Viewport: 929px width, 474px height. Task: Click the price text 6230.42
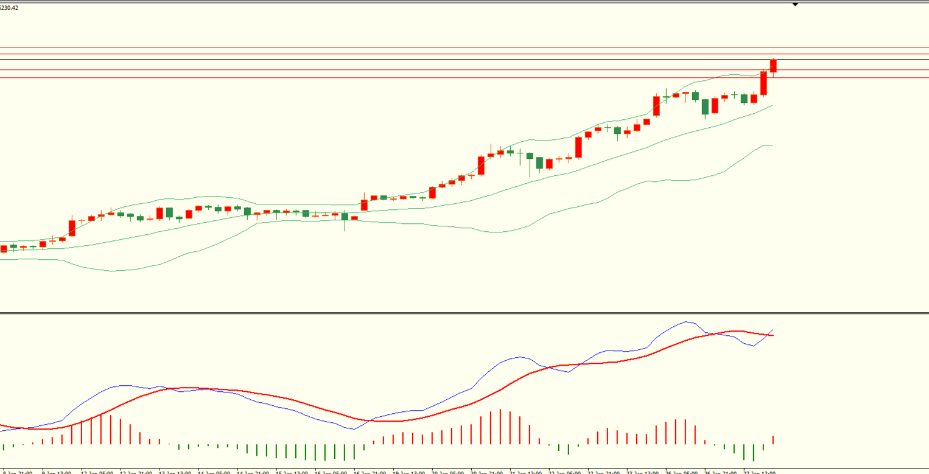(x=10, y=8)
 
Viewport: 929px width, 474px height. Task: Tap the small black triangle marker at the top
(x=795, y=5)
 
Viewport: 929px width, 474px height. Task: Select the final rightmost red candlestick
(x=773, y=66)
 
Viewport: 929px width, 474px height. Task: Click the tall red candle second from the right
(x=763, y=83)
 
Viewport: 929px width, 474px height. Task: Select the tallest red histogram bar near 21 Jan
(x=500, y=427)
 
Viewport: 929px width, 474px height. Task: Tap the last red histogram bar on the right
(x=773, y=440)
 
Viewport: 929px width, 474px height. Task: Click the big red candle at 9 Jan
(x=72, y=228)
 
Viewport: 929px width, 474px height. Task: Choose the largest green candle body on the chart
(x=705, y=107)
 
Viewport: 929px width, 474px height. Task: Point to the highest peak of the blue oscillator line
(x=687, y=322)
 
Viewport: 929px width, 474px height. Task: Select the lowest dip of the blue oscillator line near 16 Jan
(x=354, y=430)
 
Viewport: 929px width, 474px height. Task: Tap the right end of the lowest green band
(x=772, y=145)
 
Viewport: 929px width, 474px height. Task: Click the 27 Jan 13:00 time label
(x=759, y=472)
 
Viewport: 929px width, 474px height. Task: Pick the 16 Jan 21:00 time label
(x=370, y=472)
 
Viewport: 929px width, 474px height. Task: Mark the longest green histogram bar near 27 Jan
(x=754, y=453)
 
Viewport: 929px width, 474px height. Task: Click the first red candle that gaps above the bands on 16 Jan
(x=364, y=205)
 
